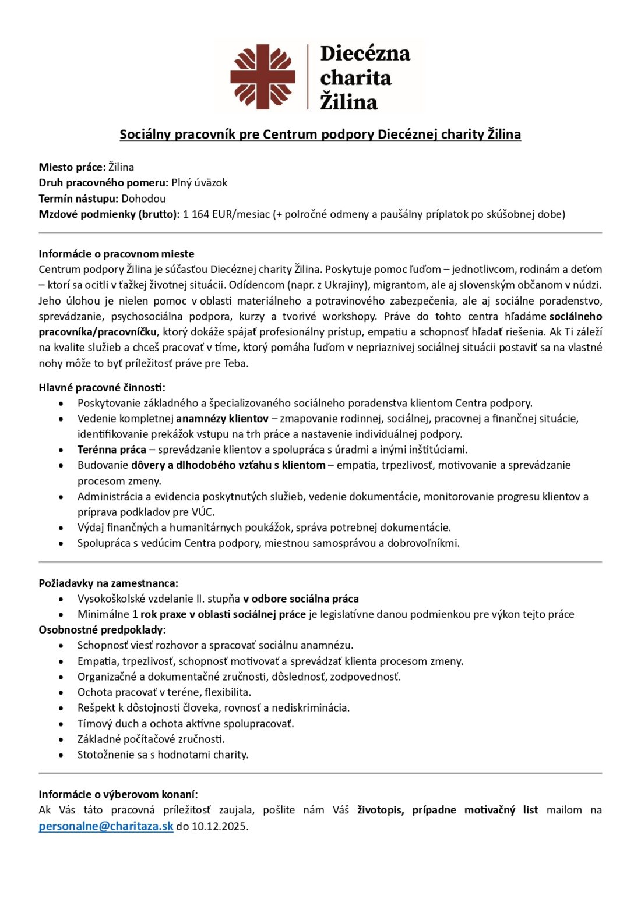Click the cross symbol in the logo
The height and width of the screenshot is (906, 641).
pos(262,76)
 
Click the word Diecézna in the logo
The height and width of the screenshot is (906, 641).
pos(365,54)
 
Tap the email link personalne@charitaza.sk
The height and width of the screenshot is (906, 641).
pos(106,826)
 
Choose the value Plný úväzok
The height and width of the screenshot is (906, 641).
pos(199,182)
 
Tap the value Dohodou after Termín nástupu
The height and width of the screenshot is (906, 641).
pos(143,198)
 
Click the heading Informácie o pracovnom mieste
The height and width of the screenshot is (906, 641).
pos(117,254)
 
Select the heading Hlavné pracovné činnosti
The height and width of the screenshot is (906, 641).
pos(102,387)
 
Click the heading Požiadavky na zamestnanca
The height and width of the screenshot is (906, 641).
pos(108,583)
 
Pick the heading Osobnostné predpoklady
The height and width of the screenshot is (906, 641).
pos(102,629)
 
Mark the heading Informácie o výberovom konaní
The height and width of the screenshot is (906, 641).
pos(118,794)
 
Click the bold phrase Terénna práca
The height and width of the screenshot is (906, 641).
pos(112,450)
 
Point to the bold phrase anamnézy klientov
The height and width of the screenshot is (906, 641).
pos(222,418)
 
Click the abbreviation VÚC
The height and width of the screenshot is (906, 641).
pos(203,512)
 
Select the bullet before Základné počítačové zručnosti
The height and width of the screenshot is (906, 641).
pos(61,739)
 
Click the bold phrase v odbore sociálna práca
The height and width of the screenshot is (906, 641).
pos(301,599)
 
